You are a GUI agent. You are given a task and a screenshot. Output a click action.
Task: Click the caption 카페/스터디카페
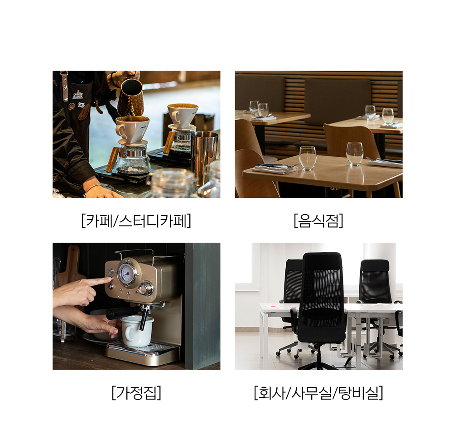point(136,221)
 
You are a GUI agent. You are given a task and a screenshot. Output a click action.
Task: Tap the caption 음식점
point(318,221)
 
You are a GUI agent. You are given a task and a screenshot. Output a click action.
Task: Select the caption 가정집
point(136,393)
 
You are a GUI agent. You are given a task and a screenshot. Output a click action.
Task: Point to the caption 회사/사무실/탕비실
point(318,393)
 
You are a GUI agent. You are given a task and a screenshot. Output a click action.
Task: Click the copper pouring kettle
point(130,96)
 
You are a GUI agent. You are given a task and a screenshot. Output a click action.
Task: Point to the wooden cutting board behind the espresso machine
point(72,266)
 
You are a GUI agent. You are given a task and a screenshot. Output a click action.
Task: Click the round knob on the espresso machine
point(145,289)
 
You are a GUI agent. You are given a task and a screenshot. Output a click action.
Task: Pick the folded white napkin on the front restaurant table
point(275,169)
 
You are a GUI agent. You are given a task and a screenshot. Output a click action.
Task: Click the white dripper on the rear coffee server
point(182,116)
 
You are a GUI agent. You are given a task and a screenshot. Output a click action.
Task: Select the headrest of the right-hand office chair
point(375,265)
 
